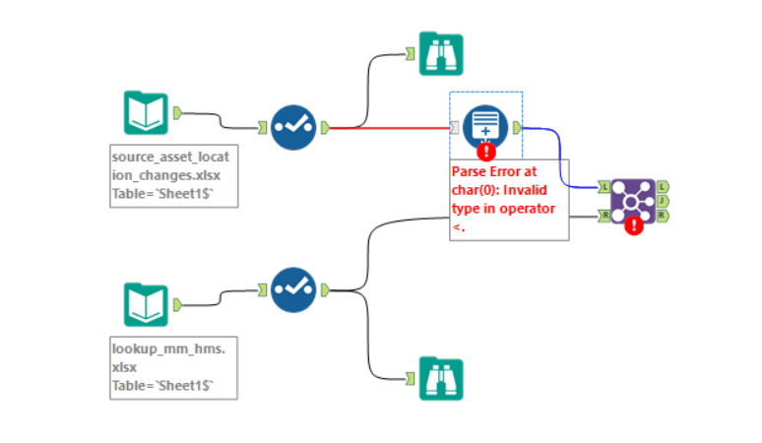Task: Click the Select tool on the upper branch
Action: click(293, 127)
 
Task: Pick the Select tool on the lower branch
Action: click(293, 289)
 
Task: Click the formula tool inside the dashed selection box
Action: click(484, 126)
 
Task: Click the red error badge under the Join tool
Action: click(635, 224)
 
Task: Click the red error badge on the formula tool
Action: click(485, 151)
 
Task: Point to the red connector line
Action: click(394, 127)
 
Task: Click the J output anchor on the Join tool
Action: click(663, 200)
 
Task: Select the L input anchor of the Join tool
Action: click(603, 185)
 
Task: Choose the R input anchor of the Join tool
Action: click(603, 216)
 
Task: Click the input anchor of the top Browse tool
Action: click(412, 53)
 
